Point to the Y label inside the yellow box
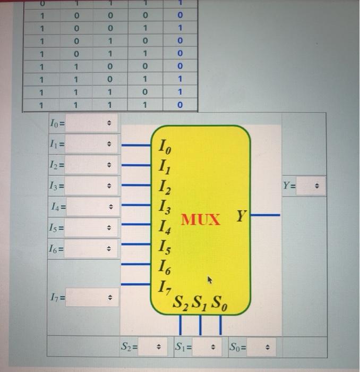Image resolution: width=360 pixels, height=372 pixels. click(242, 217)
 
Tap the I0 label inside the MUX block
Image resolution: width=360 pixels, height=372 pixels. click(165, 145)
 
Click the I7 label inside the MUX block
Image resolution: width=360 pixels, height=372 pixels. click(165, 288)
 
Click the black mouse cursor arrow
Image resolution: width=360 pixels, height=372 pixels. click(210, 279)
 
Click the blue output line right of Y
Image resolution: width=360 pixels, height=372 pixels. click(265, 215)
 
